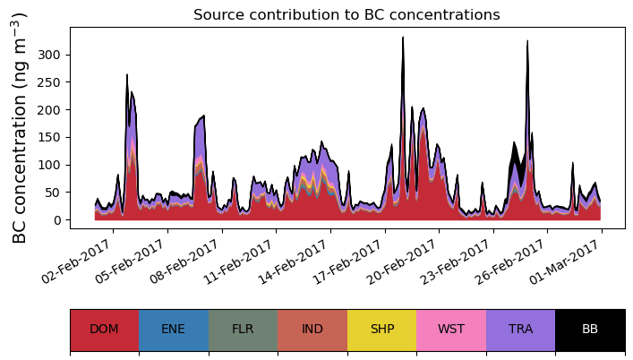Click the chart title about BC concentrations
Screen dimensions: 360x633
346,14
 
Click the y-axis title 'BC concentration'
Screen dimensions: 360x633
20,128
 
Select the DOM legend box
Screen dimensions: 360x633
104,329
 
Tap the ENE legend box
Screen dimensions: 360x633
174,329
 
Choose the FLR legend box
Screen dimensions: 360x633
243,329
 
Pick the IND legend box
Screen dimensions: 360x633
312,329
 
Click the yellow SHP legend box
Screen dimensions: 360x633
381,329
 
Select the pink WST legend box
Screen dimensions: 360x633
451,329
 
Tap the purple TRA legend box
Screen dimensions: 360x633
520,329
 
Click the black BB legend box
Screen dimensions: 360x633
590,329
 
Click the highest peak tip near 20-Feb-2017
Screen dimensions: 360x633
403,38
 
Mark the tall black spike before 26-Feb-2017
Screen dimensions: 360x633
527,41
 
